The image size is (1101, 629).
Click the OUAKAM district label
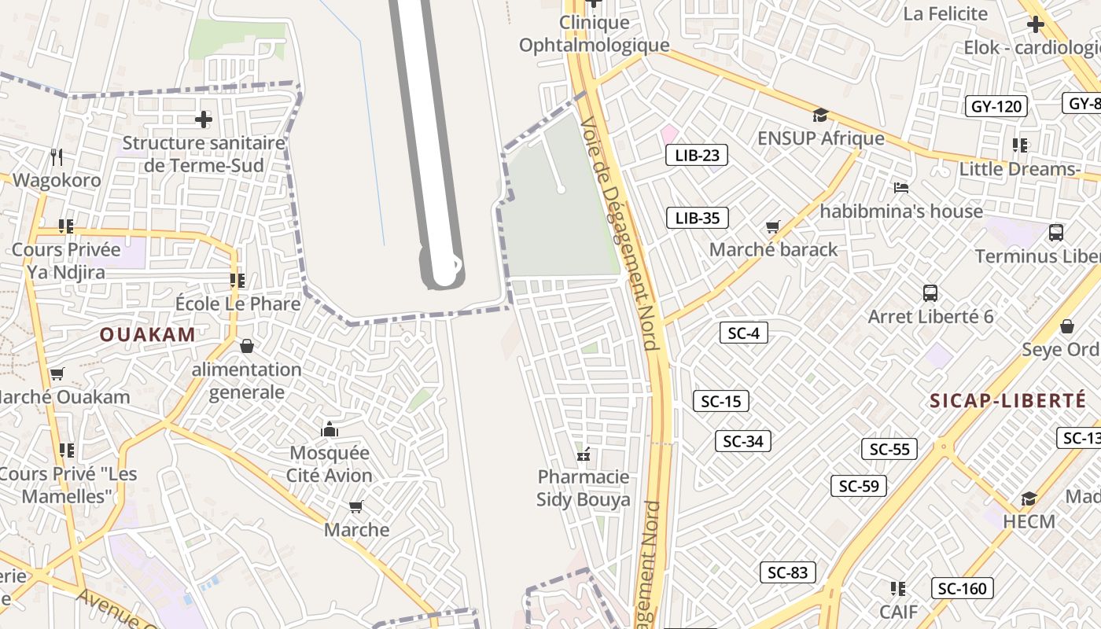click(x=147, y=334)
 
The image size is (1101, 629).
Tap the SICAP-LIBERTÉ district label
click(x=1007, y=400)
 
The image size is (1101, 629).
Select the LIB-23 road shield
click(x=697, y=155)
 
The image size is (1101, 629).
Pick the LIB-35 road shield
click(x=697, y=218)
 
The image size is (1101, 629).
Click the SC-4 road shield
click(x=743, y=333)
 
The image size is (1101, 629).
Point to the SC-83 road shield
click(x=787, y=572)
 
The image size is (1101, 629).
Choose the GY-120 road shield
click(x=996, y=106)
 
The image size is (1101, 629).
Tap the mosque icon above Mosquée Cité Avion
click(x=330, y=429)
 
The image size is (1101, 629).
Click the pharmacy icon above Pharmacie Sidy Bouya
click(x=584, y=454)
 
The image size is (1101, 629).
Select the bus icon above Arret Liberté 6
click(x=930, y=293)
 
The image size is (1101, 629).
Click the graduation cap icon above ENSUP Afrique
click(x=821, y=115)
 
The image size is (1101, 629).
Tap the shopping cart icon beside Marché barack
click(x=773, y=226)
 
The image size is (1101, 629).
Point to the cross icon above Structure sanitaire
click(x=204, y=120)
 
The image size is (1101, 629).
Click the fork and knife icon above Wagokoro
click(x=57, y=157)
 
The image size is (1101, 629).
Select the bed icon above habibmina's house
click(x=901, y=188)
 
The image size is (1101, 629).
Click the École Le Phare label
click(x=238, y=303)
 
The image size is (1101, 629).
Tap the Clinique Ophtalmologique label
click(x=594, y=35)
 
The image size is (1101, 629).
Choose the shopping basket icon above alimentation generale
click(x=247, y=346)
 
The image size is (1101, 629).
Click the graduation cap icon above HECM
click(x=1029, y=498)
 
